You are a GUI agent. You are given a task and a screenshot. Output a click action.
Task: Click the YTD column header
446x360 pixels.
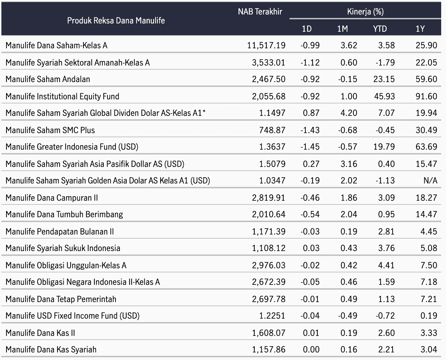[380, 29]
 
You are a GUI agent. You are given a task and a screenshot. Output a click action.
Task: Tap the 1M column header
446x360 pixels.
[342, 29]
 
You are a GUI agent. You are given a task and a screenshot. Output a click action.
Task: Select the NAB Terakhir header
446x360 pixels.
[260, 12]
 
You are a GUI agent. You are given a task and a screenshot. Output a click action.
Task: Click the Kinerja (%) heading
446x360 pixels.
[365, 12]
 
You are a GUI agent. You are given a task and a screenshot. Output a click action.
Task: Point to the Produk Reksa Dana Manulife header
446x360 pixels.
[116, 21]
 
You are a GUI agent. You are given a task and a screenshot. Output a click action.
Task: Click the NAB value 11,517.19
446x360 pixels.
[266, 46]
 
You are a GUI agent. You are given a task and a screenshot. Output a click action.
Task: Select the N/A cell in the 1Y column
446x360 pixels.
[430, 181]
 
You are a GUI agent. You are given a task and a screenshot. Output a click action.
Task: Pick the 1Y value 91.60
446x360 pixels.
[426, 97]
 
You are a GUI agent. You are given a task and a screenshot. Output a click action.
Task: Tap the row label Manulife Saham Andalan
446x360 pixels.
[48, 79]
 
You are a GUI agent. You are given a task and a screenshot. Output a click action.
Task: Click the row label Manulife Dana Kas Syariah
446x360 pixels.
[51, 349]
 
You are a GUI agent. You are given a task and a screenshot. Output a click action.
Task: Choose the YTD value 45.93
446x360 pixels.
[384, 97]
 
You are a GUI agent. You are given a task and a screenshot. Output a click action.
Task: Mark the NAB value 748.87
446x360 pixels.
[272, 130]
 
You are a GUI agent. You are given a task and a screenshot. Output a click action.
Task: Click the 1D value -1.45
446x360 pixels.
[310, 147]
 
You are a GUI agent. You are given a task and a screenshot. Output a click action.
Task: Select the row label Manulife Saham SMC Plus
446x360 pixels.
[50, 130]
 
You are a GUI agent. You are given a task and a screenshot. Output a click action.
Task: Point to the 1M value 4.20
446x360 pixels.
[349, 113]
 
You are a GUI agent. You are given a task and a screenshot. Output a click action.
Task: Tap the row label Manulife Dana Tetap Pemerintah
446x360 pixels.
[61, 299]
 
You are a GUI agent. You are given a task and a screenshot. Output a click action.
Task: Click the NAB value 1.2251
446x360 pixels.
[272, 316]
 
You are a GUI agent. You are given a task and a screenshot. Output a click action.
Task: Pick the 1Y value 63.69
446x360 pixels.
[426, 147]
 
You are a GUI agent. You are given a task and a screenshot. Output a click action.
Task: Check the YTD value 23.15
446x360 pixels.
[384, 79]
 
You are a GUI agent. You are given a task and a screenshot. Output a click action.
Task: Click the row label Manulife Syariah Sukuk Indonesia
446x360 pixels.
[63, 248]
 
